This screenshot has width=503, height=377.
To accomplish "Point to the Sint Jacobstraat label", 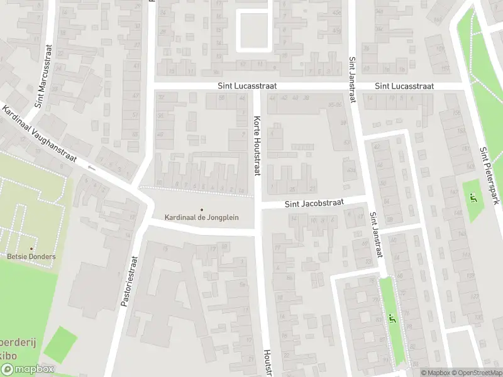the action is coord(314,204).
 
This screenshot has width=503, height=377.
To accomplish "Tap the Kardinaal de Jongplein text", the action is coord(202,217).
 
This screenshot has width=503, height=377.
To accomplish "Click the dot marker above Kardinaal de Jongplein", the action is coord(202,209).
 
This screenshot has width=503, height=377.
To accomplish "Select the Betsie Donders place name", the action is coord(31,256).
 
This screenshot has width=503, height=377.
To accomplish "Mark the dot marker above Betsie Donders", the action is coord(31,249).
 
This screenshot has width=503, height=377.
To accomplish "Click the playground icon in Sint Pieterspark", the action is coord(473,199).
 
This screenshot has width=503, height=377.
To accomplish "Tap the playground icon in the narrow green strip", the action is coord(393,319).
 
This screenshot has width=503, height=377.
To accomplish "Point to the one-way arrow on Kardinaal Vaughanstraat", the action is coord(92,168).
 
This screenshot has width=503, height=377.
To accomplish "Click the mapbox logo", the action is coord(28,369).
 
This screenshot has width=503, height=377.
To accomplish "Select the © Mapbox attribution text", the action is coord(434,372).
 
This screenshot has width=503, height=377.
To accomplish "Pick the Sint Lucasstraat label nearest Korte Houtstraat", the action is coord(247,85).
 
